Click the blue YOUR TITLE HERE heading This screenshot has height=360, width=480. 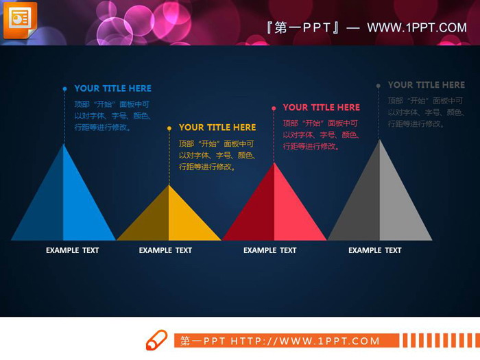(112, 88)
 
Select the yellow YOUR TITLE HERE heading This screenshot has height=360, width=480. (217, 128)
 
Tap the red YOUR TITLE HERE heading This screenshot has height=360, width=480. (321, 108)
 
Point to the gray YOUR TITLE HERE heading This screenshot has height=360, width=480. (426, 85)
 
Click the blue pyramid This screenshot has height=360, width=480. (64, 206)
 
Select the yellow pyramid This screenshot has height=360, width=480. (169, 219)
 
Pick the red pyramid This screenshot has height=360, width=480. (274, 209)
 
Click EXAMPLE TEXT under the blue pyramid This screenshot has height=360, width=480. (72, 250)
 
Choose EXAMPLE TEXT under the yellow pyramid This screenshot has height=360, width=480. (165, 250)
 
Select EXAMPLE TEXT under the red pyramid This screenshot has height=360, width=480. (269, 250)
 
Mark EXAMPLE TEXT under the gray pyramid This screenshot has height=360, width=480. (374, 250)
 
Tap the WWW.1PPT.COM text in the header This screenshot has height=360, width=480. (416, 27)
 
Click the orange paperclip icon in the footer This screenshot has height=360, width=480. (156, 340)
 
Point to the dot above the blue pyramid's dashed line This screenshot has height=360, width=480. (64, 88)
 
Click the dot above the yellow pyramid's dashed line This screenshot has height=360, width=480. (169, 128)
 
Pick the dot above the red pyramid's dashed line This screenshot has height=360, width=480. (274, 108)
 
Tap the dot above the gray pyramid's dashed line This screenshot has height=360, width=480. (378, 86)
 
